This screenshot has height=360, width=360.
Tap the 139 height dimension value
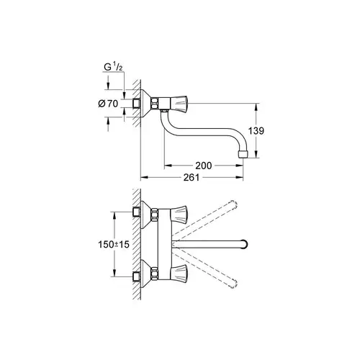click(x=266, y=131)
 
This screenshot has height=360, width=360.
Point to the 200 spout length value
click(x=204, y=166)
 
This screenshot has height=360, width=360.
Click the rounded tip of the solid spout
click(x=246, y=242)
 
